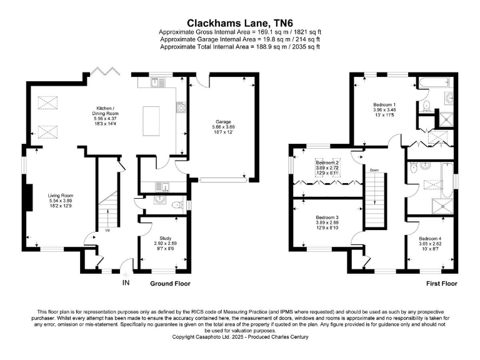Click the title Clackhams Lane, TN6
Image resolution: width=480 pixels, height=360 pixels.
pos(240,22)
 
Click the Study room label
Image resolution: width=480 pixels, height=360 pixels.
pos(153,237)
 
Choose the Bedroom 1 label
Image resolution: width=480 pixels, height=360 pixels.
pos(384,104)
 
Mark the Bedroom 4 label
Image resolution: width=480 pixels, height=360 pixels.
pos(430,239)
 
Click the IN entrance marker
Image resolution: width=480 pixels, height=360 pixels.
pos(126,283)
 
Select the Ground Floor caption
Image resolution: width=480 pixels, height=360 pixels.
pos(170,283)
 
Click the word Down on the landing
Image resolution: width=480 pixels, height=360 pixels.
pos(374,170)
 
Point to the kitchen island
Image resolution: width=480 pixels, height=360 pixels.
pos(151,118)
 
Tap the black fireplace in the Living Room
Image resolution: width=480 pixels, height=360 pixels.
pos(29,198)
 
